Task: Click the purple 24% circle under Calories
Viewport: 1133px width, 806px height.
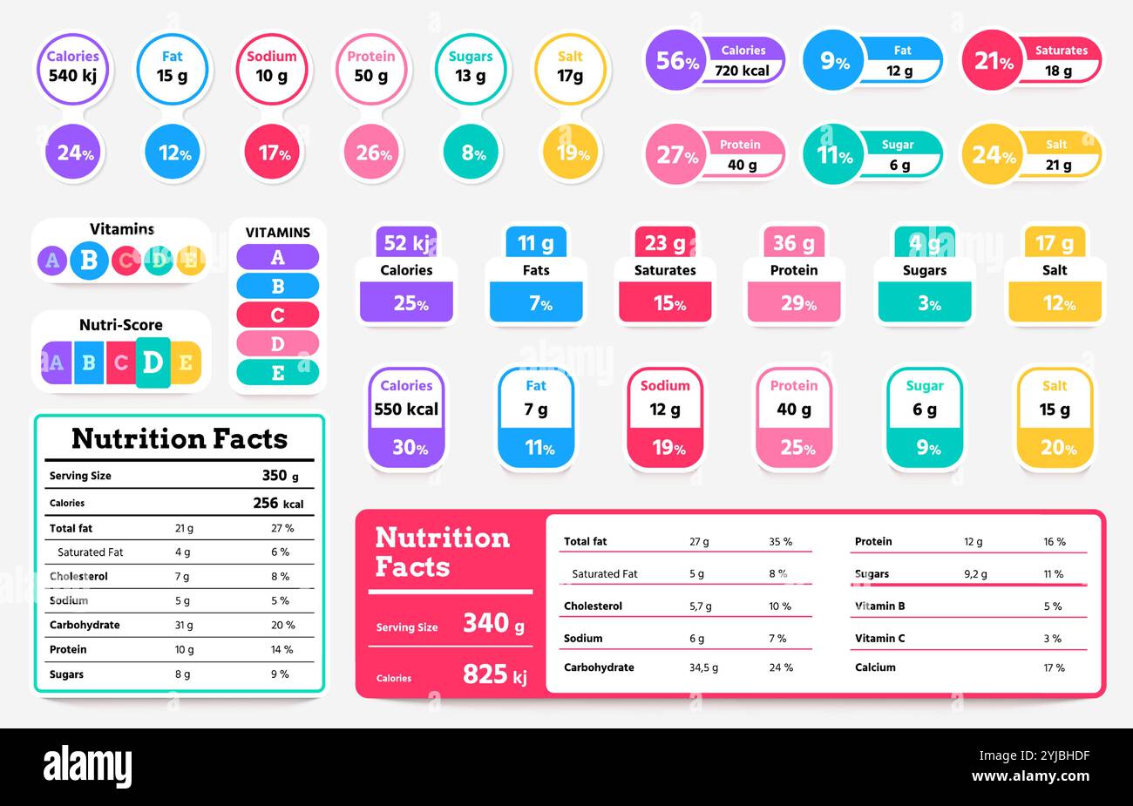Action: coord(75,152)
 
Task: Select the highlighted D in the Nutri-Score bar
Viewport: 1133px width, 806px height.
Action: coord(153,362)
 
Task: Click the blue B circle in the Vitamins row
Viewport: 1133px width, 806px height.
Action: coord(89,260)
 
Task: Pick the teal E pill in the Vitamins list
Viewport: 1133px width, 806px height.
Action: coord(277,373)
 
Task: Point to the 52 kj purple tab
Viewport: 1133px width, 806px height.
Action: coord(406,243)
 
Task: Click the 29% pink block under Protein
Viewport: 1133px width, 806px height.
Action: coord(793,303)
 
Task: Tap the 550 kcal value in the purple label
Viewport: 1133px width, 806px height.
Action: coord(406,410)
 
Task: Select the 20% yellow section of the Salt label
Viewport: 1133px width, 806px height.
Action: coord(1055,448)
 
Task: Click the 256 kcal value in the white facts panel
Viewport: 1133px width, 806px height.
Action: coord(277,503)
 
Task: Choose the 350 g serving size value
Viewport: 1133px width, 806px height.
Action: coord(280,476)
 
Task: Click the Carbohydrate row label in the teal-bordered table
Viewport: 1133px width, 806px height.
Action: coord(85,625)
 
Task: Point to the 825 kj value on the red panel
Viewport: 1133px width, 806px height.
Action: coord(494,674)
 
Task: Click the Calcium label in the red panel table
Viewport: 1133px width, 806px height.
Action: coord(875,667)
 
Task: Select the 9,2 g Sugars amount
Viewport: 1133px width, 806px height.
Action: coord(975,574)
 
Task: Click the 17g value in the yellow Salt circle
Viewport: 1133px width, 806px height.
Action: coord(570,76)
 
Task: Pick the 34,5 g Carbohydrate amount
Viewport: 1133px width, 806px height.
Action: coord(703,667)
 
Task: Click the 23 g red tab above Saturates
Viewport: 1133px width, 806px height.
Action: coord(664,243)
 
